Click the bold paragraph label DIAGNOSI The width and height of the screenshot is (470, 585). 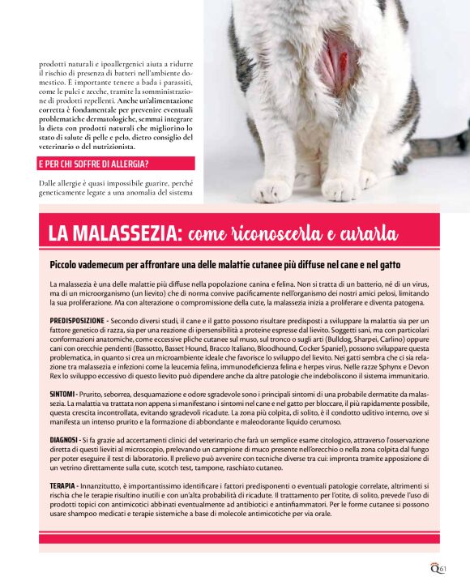click(x=64, y=438)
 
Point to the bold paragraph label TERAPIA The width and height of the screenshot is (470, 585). click(x=62, y=485)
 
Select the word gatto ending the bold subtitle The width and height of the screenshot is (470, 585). click(x=390, y=266)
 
